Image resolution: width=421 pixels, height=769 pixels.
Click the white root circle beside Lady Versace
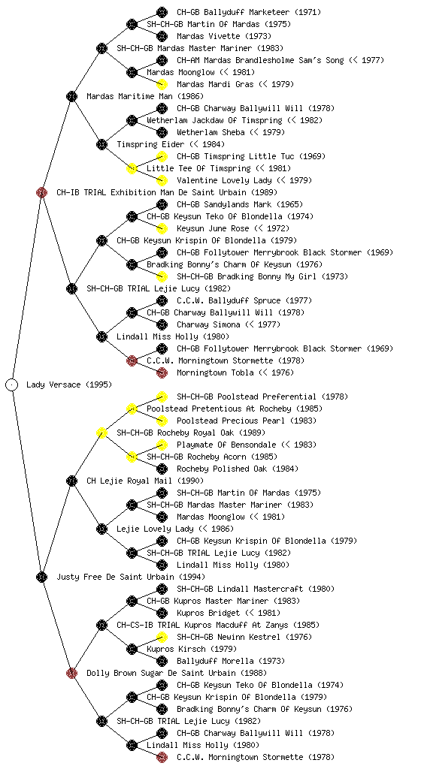(12, 384)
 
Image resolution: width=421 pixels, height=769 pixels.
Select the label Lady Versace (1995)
(69, 384)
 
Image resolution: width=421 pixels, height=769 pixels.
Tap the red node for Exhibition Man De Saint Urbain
(41, 192)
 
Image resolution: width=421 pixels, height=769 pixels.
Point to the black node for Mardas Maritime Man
(71, 96)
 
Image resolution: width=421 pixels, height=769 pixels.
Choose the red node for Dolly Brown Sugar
(71, 673)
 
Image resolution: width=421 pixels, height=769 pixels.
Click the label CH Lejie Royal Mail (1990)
(145, 481)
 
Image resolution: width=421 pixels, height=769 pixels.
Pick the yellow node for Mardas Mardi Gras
(162, 84)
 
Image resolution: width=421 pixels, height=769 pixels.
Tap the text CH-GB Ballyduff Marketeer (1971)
(249, 12)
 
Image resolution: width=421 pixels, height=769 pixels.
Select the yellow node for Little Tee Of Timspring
(132, 168)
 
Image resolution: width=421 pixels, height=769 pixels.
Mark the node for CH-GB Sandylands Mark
(162, 204)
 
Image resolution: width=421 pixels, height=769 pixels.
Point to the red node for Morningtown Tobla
(162, 372)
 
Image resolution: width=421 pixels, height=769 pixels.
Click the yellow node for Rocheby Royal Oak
(101, 433)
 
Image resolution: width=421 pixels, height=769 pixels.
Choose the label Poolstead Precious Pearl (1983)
(247, 421)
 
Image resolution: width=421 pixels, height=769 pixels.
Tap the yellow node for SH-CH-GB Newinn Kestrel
(162, 637)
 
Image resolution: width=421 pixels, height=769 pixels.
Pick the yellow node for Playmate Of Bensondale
(162, 445)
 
